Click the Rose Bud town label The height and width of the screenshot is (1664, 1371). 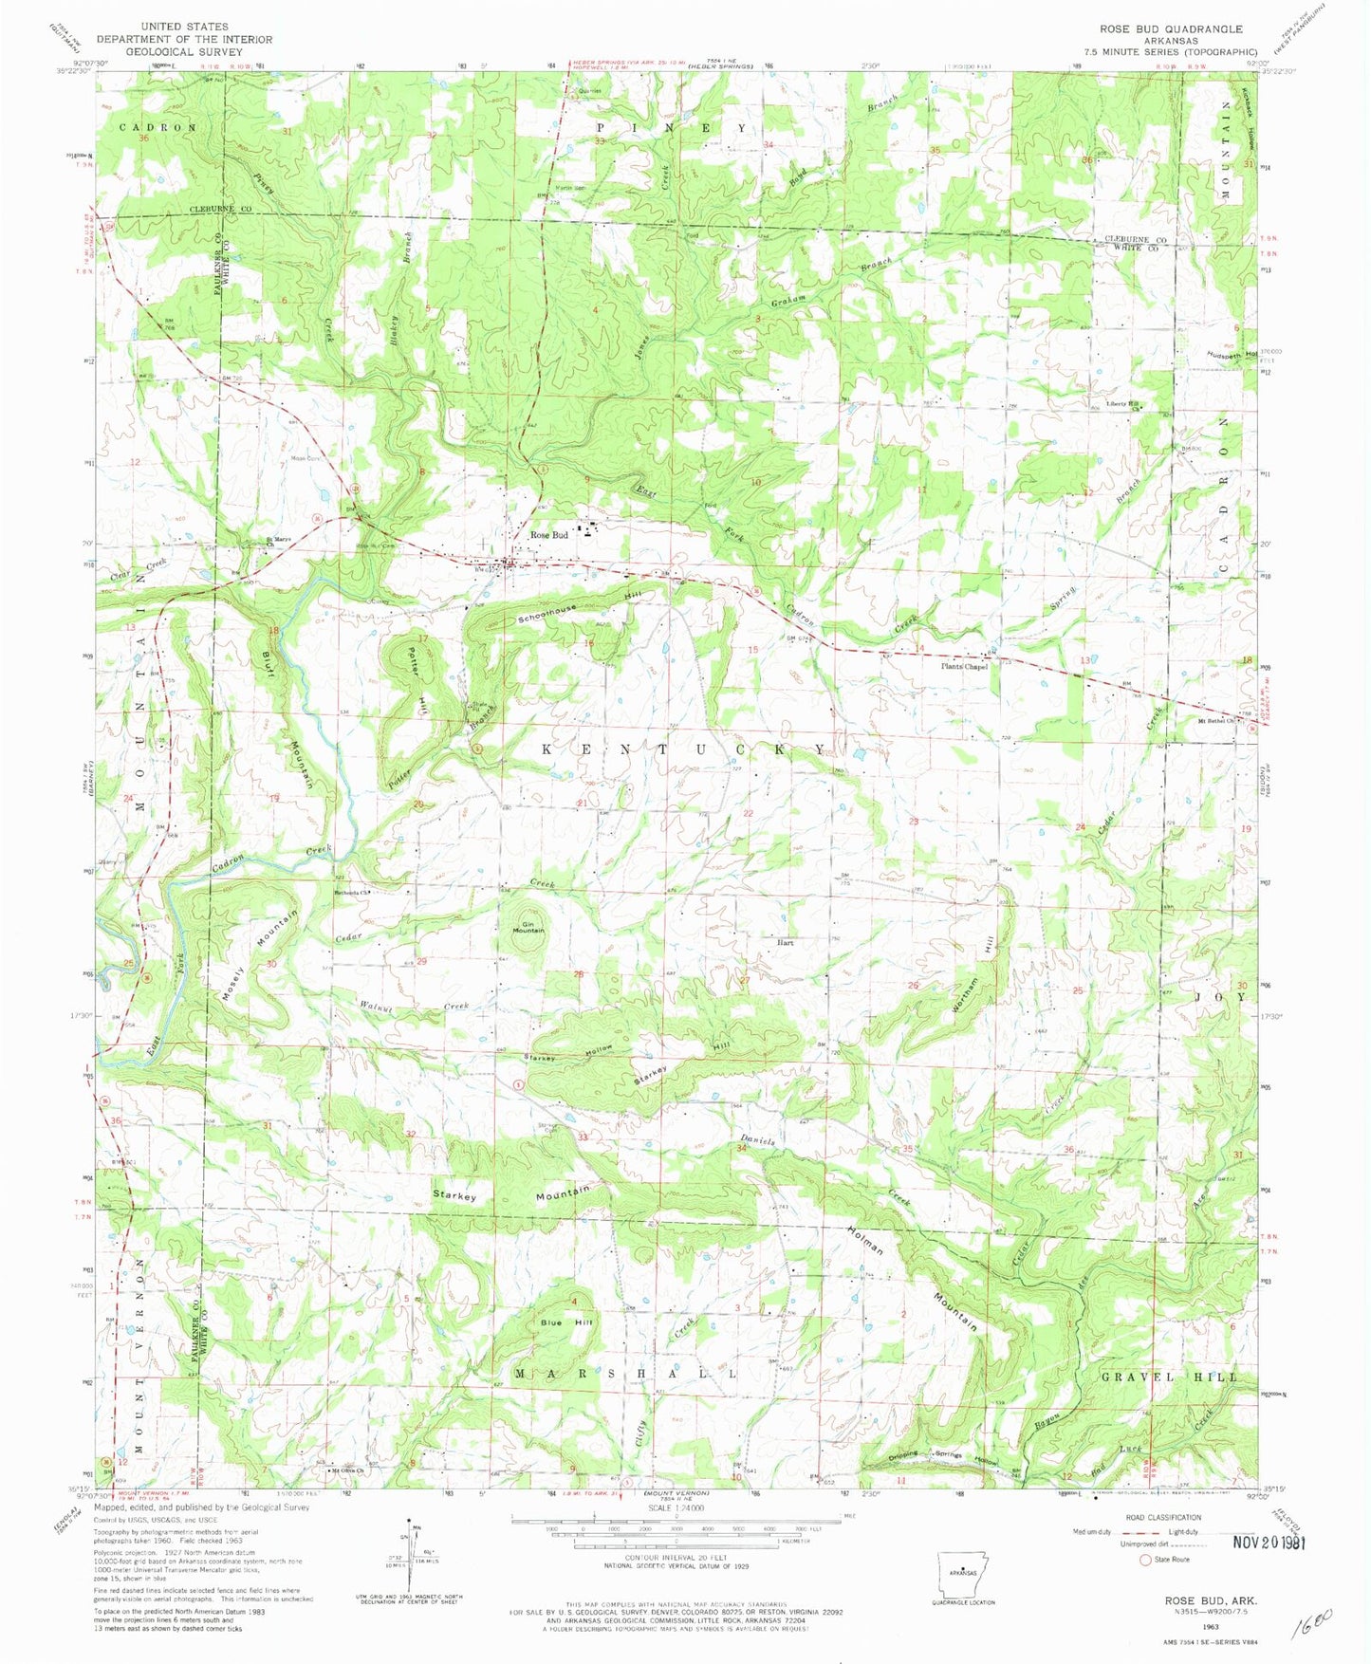548,535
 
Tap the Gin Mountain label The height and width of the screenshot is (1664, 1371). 528,928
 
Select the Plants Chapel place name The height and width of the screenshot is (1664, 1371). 963,666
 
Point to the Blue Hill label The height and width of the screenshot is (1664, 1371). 566,1322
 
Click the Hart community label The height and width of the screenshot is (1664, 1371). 785,943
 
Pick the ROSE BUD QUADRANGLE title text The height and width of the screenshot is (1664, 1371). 1164,29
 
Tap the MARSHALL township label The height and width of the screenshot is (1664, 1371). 624,1373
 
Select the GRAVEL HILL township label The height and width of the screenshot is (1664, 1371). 1169,1376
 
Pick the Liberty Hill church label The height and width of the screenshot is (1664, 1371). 1121,404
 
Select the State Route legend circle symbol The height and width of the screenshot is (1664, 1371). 1144,1559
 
